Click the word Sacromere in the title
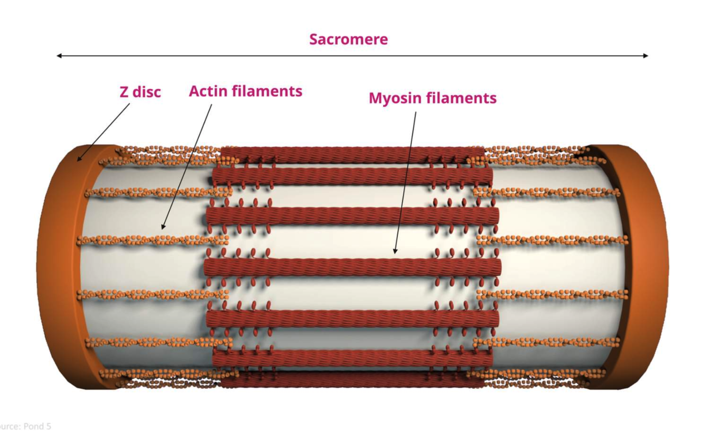(348, 39)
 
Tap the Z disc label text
(140, 92)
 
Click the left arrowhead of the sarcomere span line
(59, 55)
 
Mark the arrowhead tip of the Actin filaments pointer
(163, 228)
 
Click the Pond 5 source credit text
(26, 426)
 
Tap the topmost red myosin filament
(351, 154)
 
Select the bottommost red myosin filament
(351, 380)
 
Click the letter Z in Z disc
(125, 92)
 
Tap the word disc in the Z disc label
(147, 92)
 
